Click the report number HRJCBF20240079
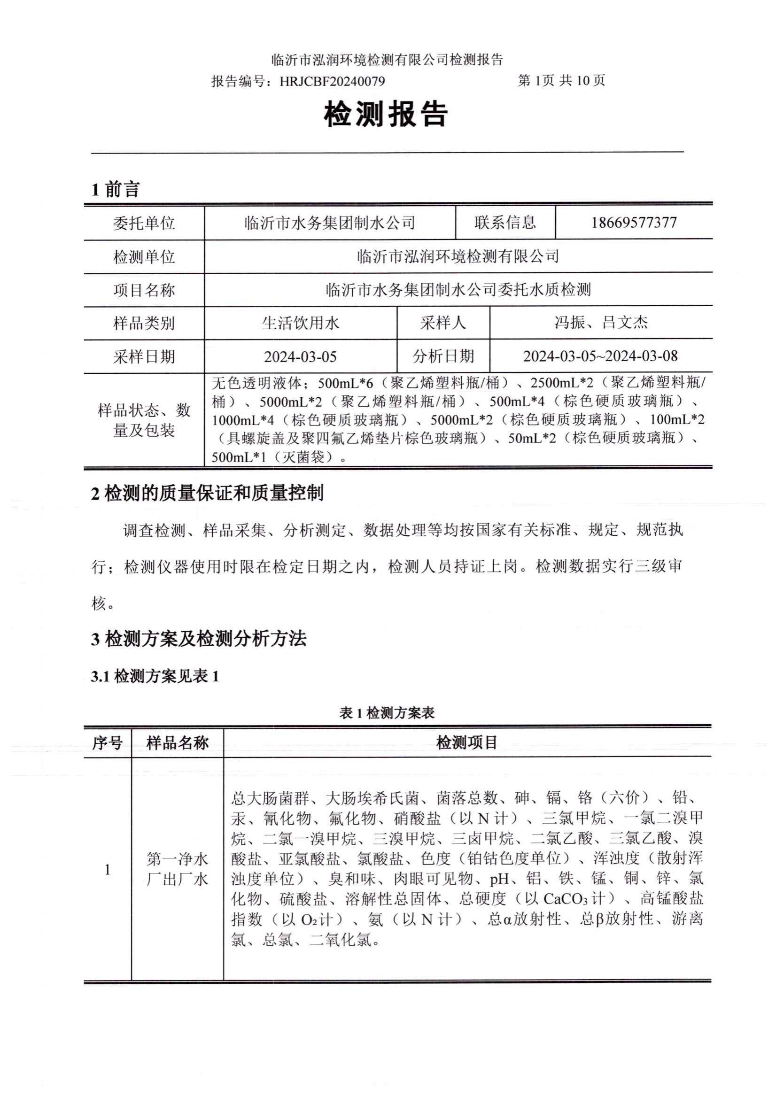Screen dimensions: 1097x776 pos(332,81)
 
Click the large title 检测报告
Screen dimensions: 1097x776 pos(386,115)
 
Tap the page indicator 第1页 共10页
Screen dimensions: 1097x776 pos(561,80)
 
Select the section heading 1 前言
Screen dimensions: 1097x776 pos(115,190)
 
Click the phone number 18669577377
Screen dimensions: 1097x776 pos(634,223)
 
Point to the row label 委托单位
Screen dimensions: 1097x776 pos(144,223)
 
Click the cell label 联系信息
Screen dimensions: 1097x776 pos(505,223)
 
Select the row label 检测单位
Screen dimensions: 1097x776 pos(144,257)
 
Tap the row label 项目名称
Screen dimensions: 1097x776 pos(144,290)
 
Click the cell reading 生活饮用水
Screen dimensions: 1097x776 pos(301,323)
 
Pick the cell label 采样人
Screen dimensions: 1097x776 pos(443,323)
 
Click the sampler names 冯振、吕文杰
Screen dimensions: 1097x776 pos(601,323)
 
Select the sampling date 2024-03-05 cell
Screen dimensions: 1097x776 pos(301,357)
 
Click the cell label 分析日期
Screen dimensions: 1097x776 pos(443,356)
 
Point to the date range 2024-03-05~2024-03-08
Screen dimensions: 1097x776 pos(600,356)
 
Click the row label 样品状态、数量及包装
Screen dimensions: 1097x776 pos(144,420)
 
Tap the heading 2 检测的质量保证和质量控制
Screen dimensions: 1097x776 pos(207,493)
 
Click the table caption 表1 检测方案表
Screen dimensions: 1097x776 pos(387,713)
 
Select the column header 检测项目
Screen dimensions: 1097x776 pos(467,742)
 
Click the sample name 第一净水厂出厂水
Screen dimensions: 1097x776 pos(177,870)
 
